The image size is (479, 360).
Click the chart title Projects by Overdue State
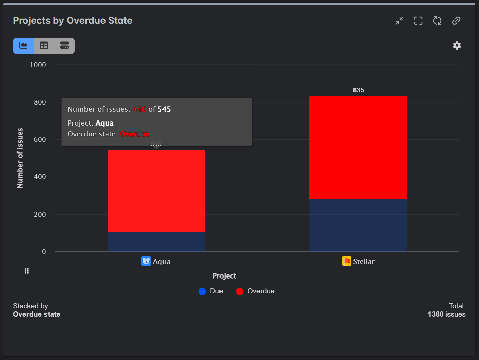[73, 21]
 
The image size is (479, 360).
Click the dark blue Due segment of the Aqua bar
[156, 242]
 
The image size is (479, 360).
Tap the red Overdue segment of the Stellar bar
[358, 148]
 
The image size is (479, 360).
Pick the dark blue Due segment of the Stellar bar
[358, 225]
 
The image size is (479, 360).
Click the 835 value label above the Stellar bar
[358, 90]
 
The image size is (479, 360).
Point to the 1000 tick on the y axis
[38, 65]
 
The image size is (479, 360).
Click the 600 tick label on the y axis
[40, 139]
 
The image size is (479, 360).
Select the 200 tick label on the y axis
[40, 214]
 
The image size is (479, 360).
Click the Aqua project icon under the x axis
[146, 261]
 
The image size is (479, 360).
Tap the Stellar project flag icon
[347, 261]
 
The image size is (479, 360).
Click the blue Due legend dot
[202, 291]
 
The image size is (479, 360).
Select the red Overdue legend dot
[240, 291]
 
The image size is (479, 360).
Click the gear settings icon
[457, 45]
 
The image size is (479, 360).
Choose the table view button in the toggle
[44, 45]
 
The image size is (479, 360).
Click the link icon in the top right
[456, 21]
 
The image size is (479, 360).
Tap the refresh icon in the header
[437, 21]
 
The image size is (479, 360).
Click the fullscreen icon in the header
[418, 21]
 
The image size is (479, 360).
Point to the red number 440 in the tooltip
[139, 109]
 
